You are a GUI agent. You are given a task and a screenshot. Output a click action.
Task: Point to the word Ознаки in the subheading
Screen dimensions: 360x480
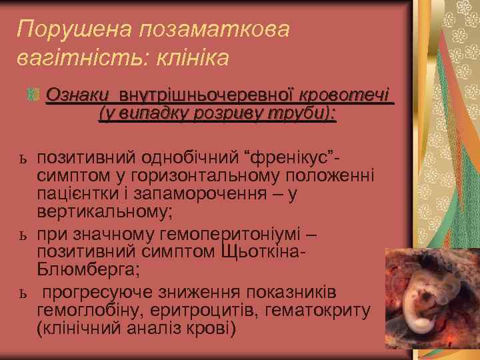point(74,94)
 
